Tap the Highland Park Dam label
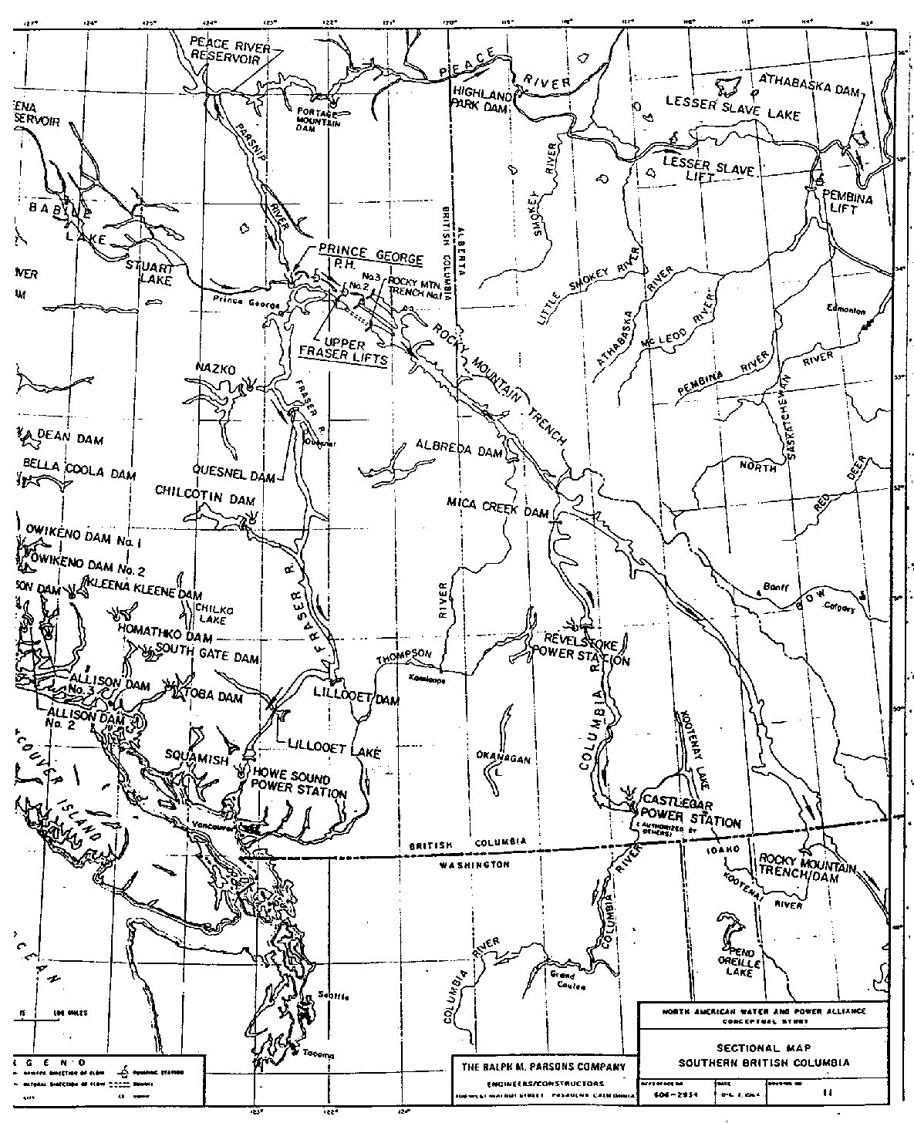(481, 103)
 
